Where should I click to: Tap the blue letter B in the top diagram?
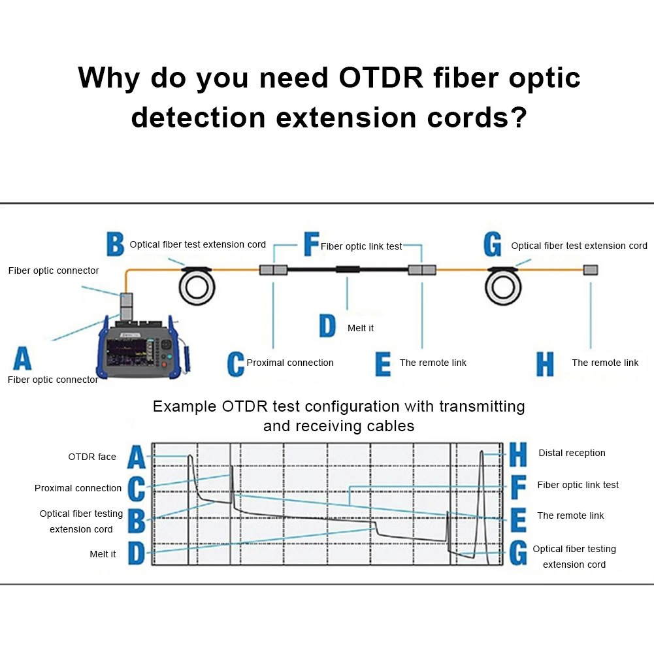(115, 245)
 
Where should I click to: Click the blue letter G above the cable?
(493, 245)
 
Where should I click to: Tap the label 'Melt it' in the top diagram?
(361, 328)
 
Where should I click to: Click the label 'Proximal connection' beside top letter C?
(290, 363)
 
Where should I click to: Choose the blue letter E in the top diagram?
(383, 364)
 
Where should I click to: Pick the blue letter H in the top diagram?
(545, 364)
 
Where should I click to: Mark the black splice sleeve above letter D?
(348, 270)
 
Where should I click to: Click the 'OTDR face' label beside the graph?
(92, 457)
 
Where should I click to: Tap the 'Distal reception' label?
(572, 453)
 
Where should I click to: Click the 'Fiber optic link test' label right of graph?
(578, 485)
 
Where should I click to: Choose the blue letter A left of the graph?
(135, 457)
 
